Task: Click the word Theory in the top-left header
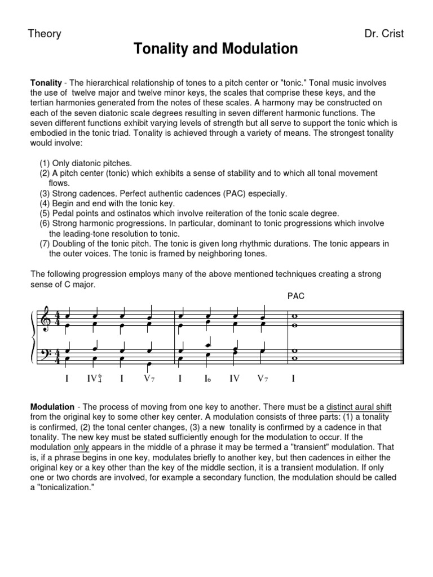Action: [45, 34]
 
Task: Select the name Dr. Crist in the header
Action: [385, 34]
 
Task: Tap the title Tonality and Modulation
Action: [216, 50]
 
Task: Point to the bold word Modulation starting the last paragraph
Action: [52, 406]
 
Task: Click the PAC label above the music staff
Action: [295, 296]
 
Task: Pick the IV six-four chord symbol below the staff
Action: [94, 379]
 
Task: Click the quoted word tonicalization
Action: [60, 487]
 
